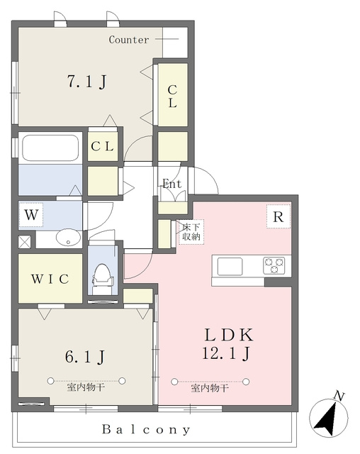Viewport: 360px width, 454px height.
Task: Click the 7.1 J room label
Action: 86,82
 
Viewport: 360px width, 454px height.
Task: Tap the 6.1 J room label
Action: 85,356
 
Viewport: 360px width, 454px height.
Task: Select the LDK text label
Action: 229,335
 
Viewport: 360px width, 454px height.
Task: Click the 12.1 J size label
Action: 225,353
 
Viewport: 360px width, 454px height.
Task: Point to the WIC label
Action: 50,279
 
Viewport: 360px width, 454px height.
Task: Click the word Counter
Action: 129,40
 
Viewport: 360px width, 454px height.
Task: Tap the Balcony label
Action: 146,429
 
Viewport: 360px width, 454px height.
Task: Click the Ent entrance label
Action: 171,184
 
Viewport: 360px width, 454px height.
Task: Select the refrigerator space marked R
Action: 279,216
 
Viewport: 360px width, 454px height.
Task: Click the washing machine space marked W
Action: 31,215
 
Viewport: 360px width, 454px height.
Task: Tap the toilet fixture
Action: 103,279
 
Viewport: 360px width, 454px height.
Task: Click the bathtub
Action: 50,148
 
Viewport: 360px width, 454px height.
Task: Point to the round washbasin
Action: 68,238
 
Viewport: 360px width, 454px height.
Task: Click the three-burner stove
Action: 274,265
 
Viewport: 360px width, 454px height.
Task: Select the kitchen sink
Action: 230,267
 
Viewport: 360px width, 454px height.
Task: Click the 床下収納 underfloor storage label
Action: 191,232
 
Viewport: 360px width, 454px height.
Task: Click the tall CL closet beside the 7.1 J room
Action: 173,94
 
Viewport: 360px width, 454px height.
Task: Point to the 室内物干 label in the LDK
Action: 210,388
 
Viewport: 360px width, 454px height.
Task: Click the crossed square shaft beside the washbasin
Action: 25,242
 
